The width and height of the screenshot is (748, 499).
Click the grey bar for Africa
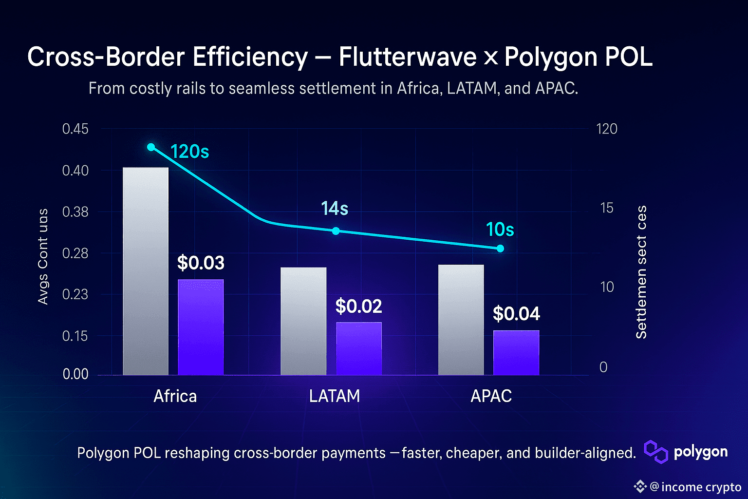[146, 271]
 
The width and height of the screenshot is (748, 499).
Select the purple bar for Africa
[201, 327]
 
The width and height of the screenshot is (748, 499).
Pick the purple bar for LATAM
[359, 348]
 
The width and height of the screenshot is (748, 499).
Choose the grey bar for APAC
[461, 320]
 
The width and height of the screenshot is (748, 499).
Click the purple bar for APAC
[516, 352]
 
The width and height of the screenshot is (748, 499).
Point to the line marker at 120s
[151, 147]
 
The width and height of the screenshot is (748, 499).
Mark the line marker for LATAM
[336, 230]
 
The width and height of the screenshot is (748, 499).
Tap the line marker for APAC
[500, 249]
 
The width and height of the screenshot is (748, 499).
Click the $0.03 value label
[201, 263]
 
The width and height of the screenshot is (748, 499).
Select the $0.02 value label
[359, 307]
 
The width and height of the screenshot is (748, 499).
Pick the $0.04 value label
[516, 314]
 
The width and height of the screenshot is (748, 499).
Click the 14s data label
[335, 209]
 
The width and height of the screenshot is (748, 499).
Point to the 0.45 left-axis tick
[75, 129]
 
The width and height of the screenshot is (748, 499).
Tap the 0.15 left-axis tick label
[75, 336]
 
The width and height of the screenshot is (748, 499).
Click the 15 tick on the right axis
[607, 208]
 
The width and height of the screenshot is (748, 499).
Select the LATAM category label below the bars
[335, 396]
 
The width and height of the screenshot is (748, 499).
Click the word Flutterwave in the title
[408, 57]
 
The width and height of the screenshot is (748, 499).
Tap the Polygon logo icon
[656, 452]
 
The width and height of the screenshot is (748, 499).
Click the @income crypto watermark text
[695, 487]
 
